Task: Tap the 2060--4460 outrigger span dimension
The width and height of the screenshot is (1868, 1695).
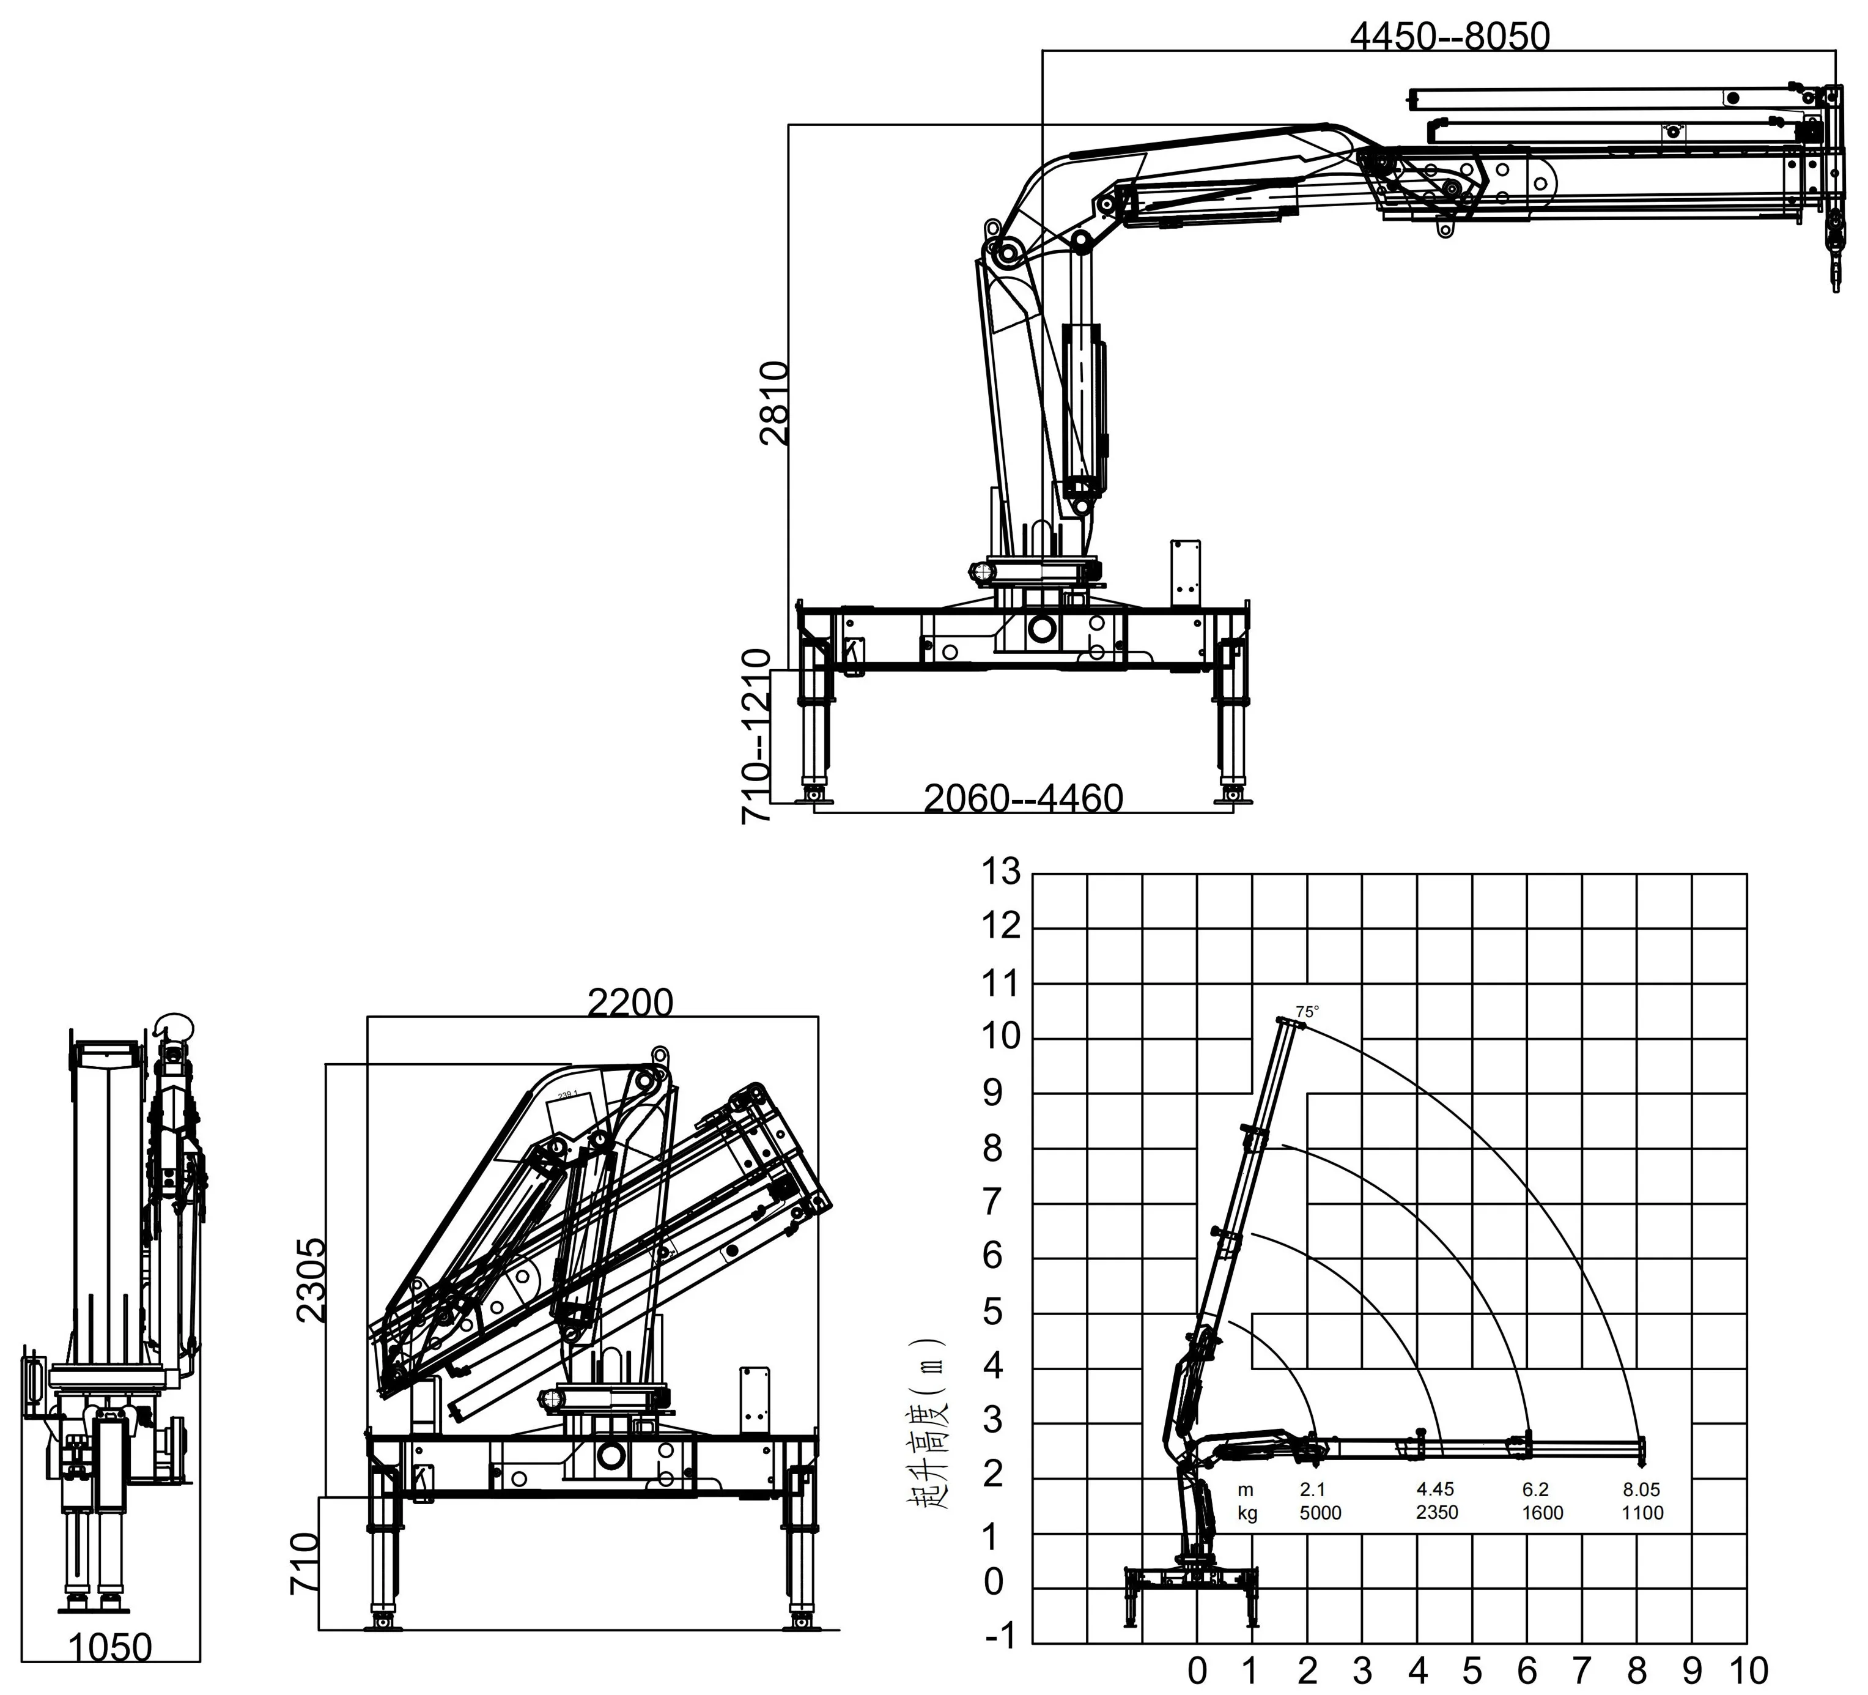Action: pyautogui.click(x=1024, y=798)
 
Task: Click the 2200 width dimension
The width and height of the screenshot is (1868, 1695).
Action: pyautogui.click(x=630, y=1003)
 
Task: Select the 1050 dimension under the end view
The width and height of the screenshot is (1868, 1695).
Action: pyautogui.click(x=110, y=1647)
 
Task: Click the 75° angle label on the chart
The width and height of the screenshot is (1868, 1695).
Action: pyautogui.click(x=1307, y=1012)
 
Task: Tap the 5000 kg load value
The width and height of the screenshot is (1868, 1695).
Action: pyautogui.click(x=1320, y=1513)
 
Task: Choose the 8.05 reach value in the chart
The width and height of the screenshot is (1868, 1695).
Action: pyautogui.click(x=1641, y=1489)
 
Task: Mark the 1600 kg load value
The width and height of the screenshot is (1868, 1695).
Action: pyautogui.click(x=1542, y=1513)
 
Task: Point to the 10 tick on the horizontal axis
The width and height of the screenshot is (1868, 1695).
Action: pyautogui.click(x=1748, y=1671)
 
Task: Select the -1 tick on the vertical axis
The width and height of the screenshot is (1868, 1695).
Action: pyautogui.click(x=1001, y=1637)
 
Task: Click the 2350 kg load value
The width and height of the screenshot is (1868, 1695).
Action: pyautogui.click(x=1436, y=1513)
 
